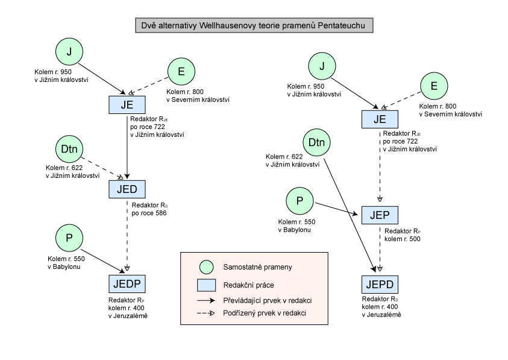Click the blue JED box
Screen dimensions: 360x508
(127, 189)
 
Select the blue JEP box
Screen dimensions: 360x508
(380, 215)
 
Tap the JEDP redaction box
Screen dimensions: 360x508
(127, 285)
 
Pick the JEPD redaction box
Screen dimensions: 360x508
(380, 285)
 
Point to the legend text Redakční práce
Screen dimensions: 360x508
(248, 285)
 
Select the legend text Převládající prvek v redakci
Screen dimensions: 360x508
(267, 300)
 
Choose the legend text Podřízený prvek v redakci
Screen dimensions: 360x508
(265, 313)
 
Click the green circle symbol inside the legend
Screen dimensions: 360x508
(207, 267)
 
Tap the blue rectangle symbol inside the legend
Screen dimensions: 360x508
(207, 285)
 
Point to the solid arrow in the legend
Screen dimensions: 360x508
(207, 300)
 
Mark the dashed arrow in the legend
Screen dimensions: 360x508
(207, 313)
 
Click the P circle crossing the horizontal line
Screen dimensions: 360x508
(69, 238)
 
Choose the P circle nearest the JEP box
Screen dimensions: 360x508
(299, 201)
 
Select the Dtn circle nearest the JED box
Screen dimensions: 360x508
(69, 149)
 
